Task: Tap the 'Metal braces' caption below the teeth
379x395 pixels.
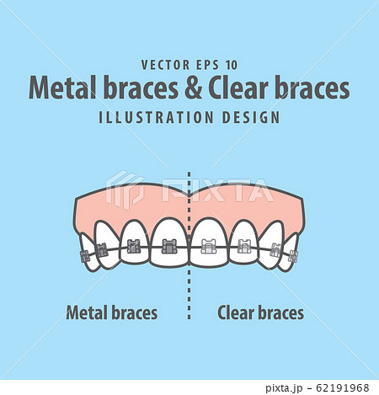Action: coord(111,313)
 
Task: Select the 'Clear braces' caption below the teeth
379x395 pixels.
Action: coord(261,313)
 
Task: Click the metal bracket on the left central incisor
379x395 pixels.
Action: coord(168,248)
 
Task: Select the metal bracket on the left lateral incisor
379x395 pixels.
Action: coord(133,248)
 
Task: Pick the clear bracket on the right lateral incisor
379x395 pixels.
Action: coord(244,248)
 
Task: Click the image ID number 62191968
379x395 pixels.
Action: coord(342,387)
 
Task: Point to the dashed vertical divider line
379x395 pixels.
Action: coord(189,278)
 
